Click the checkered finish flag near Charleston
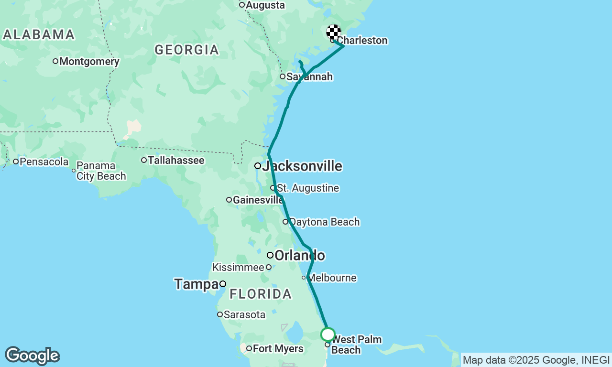[334, 32]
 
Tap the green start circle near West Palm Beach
[328, 334]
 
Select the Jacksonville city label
[302, 166]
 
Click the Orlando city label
[299, 255]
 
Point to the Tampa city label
[196, 284]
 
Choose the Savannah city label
[309, 76]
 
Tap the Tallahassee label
[176, 160]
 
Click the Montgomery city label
[89, 61]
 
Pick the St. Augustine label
[308, 188]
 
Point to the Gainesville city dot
[229, 200]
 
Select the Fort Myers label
[278, 348]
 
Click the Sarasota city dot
[220, 314]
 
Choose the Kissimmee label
[238, 267]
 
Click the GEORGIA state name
[186, 50]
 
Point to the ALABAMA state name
[39, 34]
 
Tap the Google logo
[32, 356]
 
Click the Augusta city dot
[242, 5]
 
